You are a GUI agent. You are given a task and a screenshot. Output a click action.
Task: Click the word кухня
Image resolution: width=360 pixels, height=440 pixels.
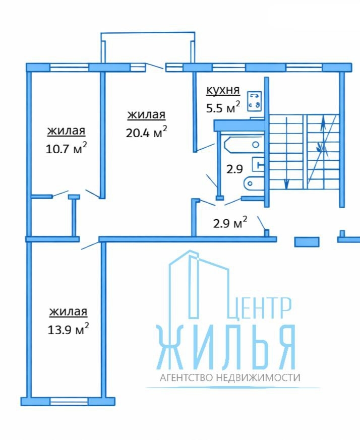[223, 91]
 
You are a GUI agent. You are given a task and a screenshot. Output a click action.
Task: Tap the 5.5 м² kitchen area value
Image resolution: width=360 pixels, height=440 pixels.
[223, 107]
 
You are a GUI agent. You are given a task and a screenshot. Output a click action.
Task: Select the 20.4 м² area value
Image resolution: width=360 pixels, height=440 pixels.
[146, 132]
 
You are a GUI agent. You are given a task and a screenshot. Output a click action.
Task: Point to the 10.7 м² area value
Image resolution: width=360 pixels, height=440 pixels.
[66, 148]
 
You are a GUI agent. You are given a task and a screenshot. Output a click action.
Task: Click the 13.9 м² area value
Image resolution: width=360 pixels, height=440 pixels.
[68, 329]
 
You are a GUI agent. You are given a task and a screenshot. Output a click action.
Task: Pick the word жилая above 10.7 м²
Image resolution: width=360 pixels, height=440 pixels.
[66, 131]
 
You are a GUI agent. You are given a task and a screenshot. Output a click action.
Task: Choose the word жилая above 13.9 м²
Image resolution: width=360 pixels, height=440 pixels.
[68, 312]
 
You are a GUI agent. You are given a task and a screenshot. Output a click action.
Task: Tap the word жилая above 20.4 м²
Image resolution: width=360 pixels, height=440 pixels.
[146, 115]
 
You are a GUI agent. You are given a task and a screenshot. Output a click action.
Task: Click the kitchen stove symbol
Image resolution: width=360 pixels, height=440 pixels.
[255, 101]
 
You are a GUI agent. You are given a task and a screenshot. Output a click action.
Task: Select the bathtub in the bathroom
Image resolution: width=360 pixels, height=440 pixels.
[243, 145]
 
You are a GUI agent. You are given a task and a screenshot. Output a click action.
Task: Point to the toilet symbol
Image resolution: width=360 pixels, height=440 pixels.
[254, 183]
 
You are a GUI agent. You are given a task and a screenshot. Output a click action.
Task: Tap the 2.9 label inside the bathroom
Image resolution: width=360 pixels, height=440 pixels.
[234, 169]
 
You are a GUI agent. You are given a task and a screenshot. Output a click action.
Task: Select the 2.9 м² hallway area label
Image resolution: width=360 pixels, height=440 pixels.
[230, 223]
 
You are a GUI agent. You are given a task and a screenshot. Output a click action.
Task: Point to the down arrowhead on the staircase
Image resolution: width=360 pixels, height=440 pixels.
[286, 184]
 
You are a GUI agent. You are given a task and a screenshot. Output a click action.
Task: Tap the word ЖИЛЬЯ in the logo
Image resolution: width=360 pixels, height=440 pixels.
[226, 347]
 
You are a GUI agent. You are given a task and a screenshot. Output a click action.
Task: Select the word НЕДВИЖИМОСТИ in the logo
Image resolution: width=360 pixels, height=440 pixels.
[258, 378]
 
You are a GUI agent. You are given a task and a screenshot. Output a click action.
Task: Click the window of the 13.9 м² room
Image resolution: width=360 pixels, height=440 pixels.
[69, 401]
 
